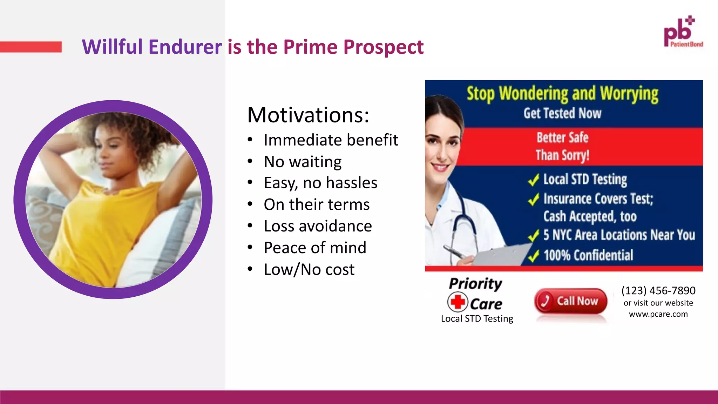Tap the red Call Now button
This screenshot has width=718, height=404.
tap(571, 301)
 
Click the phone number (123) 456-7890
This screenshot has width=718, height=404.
tap(658, 290)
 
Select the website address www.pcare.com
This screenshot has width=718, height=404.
tap(658, 314)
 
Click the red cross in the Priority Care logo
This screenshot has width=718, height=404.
tap(458, 302)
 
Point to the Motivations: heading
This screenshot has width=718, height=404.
tap(308, 115)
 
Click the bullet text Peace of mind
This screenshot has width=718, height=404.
tap(315, 248)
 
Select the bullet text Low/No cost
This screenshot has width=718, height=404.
tap(309, 269)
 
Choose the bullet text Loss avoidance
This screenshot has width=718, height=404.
tap(318, 226)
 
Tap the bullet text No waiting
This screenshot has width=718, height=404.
tap(303, 162)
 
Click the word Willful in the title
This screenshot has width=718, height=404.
tap(112, 47)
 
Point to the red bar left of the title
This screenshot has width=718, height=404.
tap(31, 47)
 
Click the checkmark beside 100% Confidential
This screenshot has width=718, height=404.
tap(533, 256)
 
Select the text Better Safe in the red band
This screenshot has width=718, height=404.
tap(562, 137)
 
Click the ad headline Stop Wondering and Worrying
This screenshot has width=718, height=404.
tap(562, 94)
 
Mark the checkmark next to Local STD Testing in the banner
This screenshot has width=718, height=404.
tap(533, 180)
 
